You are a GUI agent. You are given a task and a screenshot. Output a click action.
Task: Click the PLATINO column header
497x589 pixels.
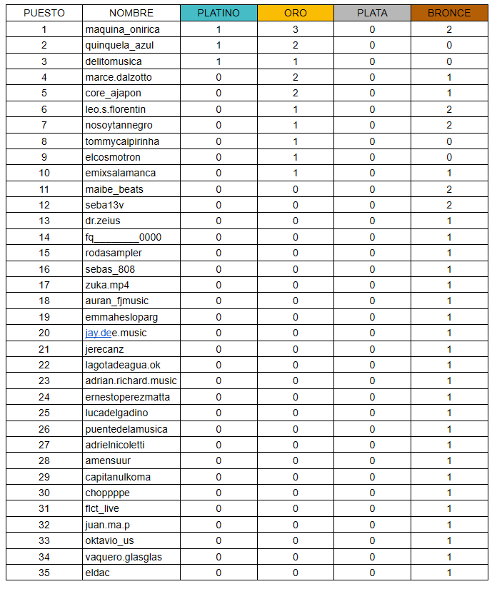[x=219, y=13]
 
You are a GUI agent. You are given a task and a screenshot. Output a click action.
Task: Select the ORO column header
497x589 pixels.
[x=296, y=13]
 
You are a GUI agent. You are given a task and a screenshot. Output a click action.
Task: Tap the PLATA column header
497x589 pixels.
[x=372, y=13]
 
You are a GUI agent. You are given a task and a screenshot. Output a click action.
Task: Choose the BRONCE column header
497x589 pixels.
[x=449, y=13]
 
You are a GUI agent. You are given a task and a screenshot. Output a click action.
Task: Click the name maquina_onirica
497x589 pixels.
[x=122, y=29]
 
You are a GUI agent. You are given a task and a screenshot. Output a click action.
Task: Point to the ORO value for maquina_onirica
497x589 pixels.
[x=296, y=29]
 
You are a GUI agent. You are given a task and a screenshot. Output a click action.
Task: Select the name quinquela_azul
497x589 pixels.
[x=119, y=45]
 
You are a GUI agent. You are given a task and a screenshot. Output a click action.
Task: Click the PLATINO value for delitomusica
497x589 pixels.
[x=219, y=61]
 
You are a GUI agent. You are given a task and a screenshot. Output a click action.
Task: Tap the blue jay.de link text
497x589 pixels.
[x=98, y=333]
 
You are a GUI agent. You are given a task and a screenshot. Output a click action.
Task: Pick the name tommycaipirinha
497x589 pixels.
[x=122, y=141]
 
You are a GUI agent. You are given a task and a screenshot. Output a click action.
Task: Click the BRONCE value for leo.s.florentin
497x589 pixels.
[x=449, y=109]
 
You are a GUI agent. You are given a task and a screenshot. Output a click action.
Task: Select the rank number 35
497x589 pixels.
[x=44, y=573]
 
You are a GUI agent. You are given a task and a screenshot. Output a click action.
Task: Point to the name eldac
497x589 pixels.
[x=97, y=573]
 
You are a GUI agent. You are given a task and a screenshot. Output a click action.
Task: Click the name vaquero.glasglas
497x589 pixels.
[x=124, y=557]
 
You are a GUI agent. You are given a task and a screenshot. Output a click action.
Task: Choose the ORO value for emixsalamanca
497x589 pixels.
[x=296, y=173]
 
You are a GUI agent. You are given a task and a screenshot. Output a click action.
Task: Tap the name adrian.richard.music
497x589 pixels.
[x=131, y=381]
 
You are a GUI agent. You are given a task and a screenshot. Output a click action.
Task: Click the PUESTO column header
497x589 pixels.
[x=44, y=13]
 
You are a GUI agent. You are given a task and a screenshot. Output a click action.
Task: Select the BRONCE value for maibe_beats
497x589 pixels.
[x=449, y=189]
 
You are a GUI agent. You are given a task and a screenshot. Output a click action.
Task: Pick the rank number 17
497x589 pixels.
[x=44, y=285]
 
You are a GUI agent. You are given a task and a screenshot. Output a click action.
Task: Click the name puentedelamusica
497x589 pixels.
[x=126, y=429]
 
